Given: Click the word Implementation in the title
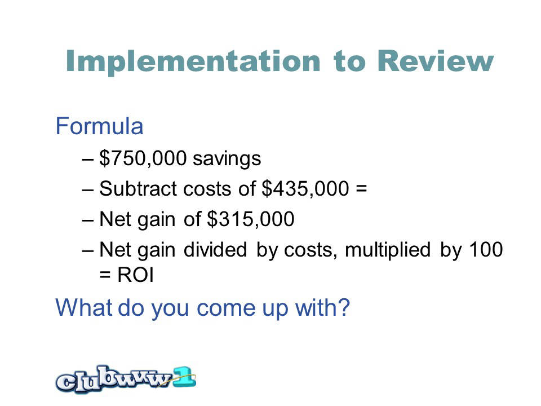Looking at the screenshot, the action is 193,61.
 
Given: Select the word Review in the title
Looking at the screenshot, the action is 436,61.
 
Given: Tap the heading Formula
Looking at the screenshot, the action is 99,126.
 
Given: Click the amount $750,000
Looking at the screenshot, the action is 143,158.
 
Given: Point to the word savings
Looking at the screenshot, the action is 227,159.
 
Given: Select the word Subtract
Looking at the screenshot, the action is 139,189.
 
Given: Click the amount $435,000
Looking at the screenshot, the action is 305,189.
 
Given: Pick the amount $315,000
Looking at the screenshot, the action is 250,219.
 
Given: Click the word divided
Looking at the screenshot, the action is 215,249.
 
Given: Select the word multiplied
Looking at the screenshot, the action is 388,250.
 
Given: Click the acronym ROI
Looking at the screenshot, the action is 135,275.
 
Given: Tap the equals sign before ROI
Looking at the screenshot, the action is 105,276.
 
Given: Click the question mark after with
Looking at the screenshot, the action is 343,307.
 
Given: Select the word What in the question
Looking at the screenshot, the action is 83,307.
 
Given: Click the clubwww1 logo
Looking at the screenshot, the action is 126,379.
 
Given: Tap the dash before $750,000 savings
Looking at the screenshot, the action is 88,160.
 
